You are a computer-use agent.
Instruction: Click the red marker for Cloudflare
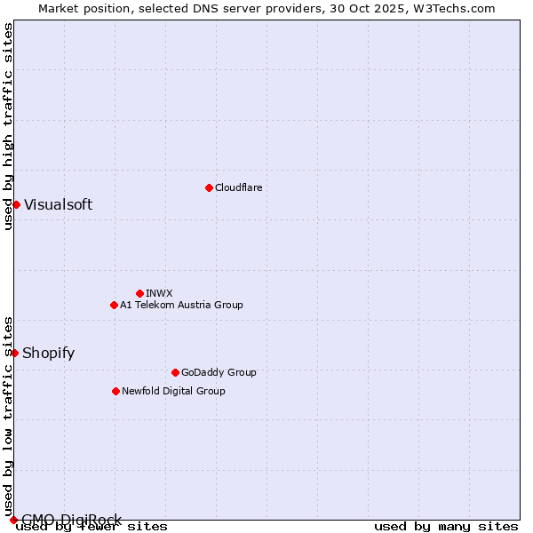click(209, 187)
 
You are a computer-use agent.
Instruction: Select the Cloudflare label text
click(239, 187)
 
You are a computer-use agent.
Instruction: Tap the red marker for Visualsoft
click(16, 204)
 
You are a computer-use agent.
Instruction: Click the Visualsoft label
click(58, 204)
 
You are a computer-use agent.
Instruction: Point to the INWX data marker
click(139, 293)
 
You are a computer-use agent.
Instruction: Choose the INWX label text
click(159, 293)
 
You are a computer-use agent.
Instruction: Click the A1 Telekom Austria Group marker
click(114, 305)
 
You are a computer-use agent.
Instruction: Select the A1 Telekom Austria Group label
click(181, 305)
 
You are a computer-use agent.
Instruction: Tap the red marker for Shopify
click(14, 353)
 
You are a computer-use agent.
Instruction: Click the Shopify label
click(48, 353)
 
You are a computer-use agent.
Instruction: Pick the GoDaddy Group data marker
click(175, 372)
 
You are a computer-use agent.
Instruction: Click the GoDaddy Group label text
click(219, 372)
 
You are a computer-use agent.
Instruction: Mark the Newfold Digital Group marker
click(115, 391)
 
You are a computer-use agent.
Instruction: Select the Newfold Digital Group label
click(173, 391)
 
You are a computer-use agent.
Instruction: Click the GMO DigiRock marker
click(13, 520)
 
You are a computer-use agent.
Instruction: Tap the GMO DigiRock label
click(71, 519)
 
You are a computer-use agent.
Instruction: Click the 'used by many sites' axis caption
click(446, 526)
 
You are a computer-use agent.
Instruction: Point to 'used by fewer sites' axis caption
click(92, 526)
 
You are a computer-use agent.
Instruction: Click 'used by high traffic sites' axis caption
click(8, 126)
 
